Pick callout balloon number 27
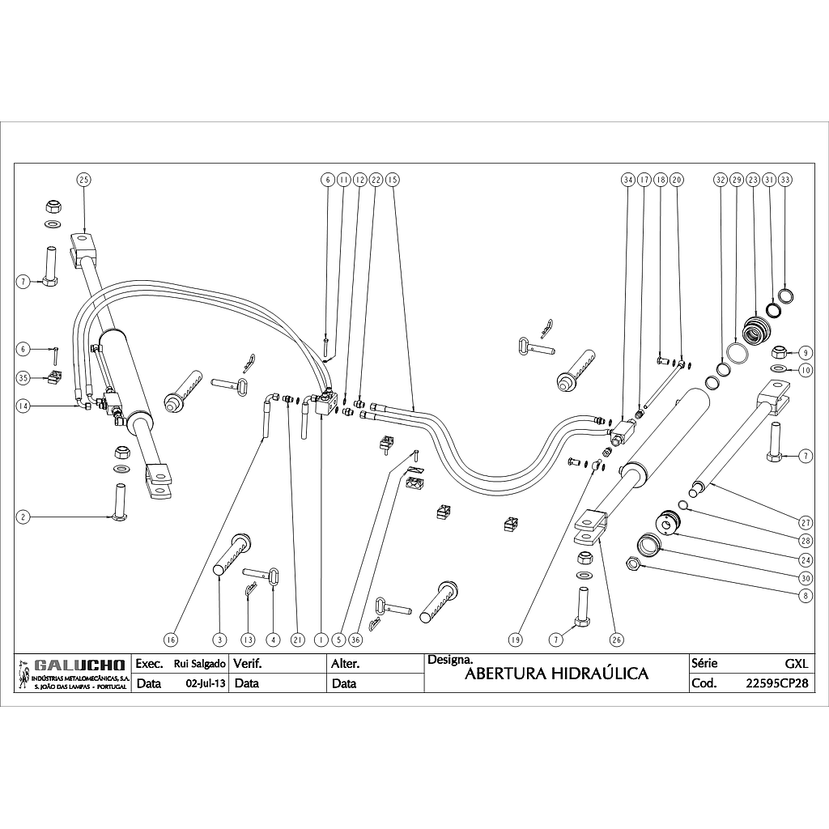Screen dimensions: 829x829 (x=805, y=521)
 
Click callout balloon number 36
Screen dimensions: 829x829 (x=355, y=640)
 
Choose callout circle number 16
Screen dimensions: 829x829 (x=170, y=640)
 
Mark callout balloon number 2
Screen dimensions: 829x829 (x=24, y=516)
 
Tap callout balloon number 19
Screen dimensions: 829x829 (x=515, y=640)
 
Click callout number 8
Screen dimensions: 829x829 (x=805, y=596)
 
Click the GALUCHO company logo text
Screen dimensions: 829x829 (x=79, y=666)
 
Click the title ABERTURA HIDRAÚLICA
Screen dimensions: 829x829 (x=557, y=674)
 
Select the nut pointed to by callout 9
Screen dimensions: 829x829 (x=780, y=352)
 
